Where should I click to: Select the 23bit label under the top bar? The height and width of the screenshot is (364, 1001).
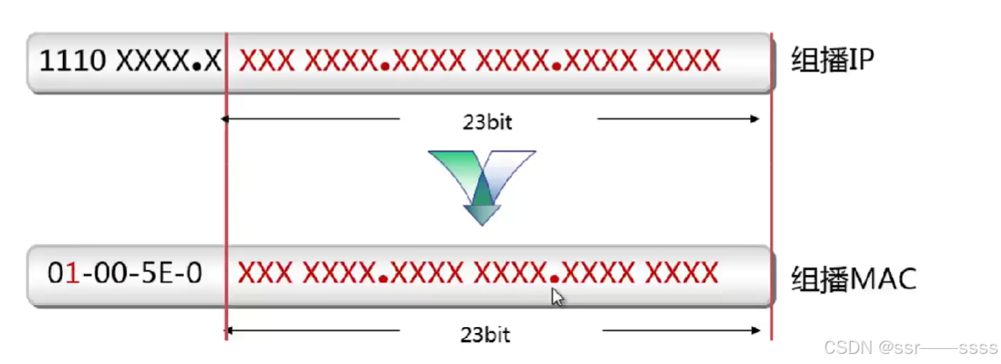tap(487, 120)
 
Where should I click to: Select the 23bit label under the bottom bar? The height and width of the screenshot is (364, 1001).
tap(485, 334)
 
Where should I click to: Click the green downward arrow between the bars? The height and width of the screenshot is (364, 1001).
tap(480, 189)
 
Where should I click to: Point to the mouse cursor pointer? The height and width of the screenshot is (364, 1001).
tap(557, 297)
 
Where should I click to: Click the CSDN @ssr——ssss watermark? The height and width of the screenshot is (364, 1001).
tap(910, 347)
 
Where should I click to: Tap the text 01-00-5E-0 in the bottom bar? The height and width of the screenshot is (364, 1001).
tap(123, 274)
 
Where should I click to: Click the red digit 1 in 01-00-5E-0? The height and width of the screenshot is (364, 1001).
tap(72, 274)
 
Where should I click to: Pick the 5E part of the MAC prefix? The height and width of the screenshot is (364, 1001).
tap(165, 274)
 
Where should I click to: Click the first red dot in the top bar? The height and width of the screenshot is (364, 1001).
tap(384, 66)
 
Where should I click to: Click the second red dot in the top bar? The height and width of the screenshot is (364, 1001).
tap(558, 66)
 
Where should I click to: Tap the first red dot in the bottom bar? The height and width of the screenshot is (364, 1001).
tap(382, 279)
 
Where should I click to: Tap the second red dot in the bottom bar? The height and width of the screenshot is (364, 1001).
tap(555, 279)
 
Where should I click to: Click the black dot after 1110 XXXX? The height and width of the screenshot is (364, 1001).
tap(197, 66)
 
